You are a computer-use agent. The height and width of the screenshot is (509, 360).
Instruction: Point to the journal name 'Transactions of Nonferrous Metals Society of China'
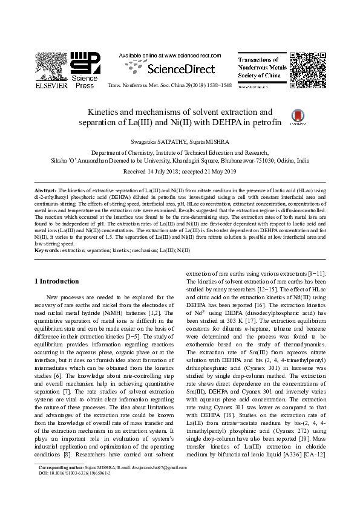click(x=259, y=68)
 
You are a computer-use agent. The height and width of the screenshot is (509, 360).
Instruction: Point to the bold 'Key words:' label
click(x=47, y=250)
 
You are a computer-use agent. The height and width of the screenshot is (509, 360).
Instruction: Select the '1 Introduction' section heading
click(x=56, y=281)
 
